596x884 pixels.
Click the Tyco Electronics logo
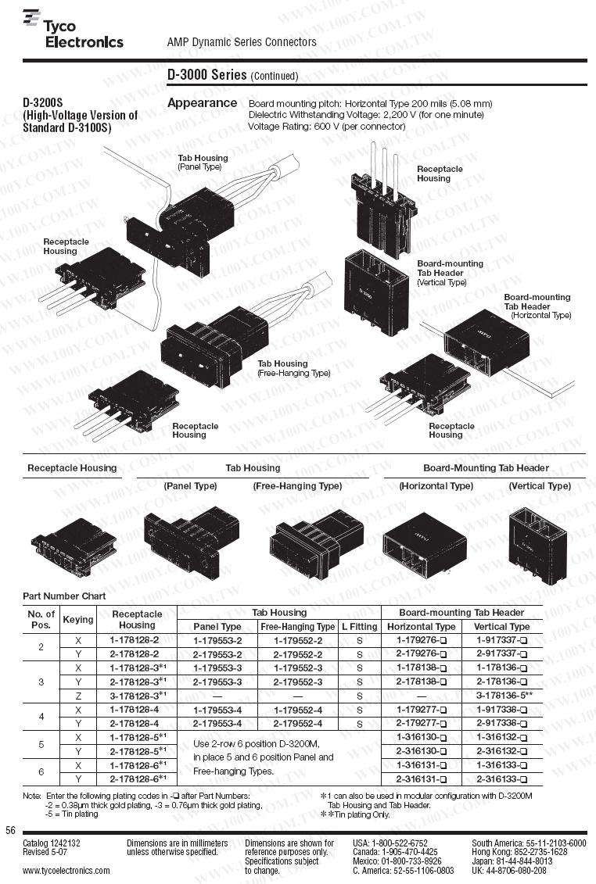[73, 30]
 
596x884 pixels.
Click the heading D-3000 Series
[207, 75]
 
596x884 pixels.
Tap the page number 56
[10, 829]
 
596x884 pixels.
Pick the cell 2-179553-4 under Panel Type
[217, 723]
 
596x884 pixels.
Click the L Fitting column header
[359, 626]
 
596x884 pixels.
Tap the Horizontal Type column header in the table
[421, 626]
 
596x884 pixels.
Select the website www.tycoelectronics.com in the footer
[66, 870]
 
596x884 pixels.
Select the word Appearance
[202, 102]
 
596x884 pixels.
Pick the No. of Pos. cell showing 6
[41, 772]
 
